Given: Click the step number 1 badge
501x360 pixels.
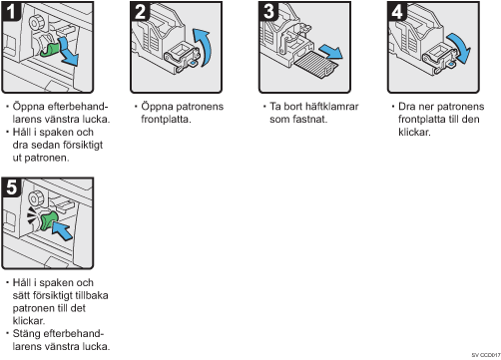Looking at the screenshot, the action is pyautogui.click(x=11, y=11).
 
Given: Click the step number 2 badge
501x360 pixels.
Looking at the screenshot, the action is pyautogui.click(x=140, y=11).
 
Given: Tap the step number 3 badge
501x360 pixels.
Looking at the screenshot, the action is pyautogui.click(x=268, y=11).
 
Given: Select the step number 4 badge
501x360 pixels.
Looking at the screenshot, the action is pyautogui.click(x=397, y=11).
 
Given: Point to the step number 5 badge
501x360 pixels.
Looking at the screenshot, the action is pyautogui.click(x=11, y=187).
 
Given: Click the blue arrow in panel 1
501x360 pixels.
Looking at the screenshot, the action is pyautogui.click(x=68, y=52).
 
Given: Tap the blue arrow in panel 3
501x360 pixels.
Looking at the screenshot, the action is pyautogui.click(x=331, y=51).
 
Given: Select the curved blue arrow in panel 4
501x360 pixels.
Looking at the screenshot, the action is pyautogui.click(x=461, y=47).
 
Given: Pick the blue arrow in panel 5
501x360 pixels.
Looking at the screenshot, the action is pyautogui.click(x=63, y=230).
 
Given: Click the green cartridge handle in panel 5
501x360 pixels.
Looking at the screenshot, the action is pyautogui.click(x=49, y=221).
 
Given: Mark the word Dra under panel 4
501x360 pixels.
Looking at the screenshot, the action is pyautogui.click(x=406, y=107).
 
